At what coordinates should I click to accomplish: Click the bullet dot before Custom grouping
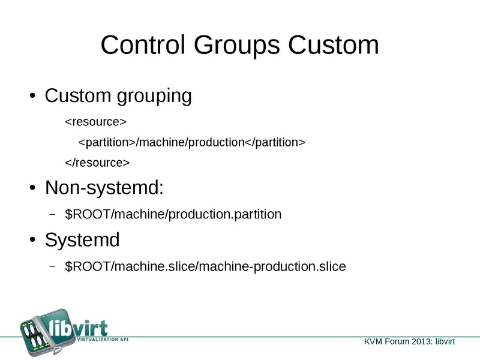coord(33,97)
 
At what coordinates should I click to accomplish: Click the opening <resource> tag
coord(95,122)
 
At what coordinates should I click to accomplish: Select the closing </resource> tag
coord(97,162)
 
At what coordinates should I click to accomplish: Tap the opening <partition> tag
coord(107,142)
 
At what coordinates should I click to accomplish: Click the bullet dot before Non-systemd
coord(33,189)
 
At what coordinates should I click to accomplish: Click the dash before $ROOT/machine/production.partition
coord(52,214)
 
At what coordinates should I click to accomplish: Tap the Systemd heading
coord(82,240)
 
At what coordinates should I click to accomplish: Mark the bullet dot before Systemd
coord(33,241)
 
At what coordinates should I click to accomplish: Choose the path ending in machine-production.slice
coord(205,266)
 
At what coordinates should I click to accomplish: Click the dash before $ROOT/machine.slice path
coord(52,266)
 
